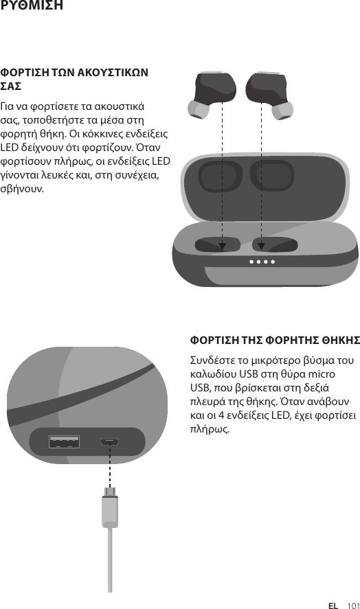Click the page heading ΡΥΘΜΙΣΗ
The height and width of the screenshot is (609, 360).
coord(32,6)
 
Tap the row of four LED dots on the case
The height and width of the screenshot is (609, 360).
coord(262,262)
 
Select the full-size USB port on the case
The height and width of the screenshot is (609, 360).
coord(64,441)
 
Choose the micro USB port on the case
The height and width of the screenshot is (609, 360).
coord(110,441)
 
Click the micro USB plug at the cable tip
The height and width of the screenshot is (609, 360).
coord(109,492)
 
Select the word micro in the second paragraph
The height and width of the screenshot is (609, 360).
coord(322,374)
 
